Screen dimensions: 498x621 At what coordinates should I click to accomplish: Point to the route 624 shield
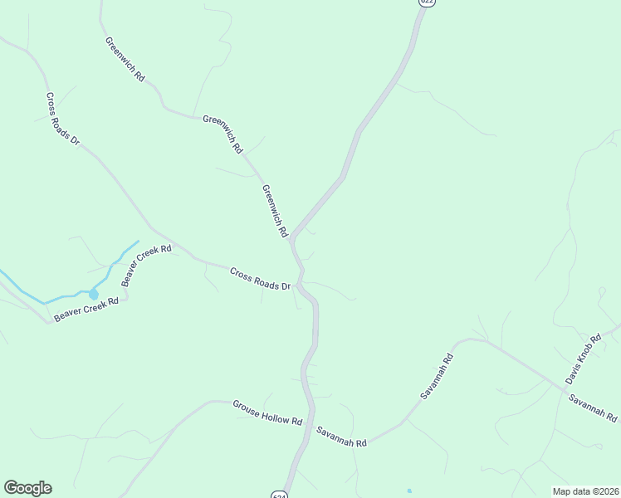point(279,495)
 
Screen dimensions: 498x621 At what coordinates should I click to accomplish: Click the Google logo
point(27,488)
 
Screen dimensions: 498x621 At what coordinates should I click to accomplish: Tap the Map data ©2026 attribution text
point(585,491)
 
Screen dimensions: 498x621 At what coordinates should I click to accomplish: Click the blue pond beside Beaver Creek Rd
point(93,294)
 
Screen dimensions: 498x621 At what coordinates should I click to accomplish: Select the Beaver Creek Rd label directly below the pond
point(86,309)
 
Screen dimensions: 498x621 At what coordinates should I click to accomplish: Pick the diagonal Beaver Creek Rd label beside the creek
point(146,265)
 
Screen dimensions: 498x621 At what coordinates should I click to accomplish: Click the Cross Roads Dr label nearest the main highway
point(260,279)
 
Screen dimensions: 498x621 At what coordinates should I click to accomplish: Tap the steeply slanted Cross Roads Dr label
point(62,120)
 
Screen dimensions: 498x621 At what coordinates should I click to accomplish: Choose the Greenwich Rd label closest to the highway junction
point(274,211)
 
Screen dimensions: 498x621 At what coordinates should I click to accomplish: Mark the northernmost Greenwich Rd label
point(125,58)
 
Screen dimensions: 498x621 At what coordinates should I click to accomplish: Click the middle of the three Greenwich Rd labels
point(223,134)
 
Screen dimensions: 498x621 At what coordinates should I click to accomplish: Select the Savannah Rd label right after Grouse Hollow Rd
point(341,437)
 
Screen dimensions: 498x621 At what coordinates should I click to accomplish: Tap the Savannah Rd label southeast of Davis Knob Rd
point(593,408)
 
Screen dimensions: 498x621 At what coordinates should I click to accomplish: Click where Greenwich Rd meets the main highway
point(291,239)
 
